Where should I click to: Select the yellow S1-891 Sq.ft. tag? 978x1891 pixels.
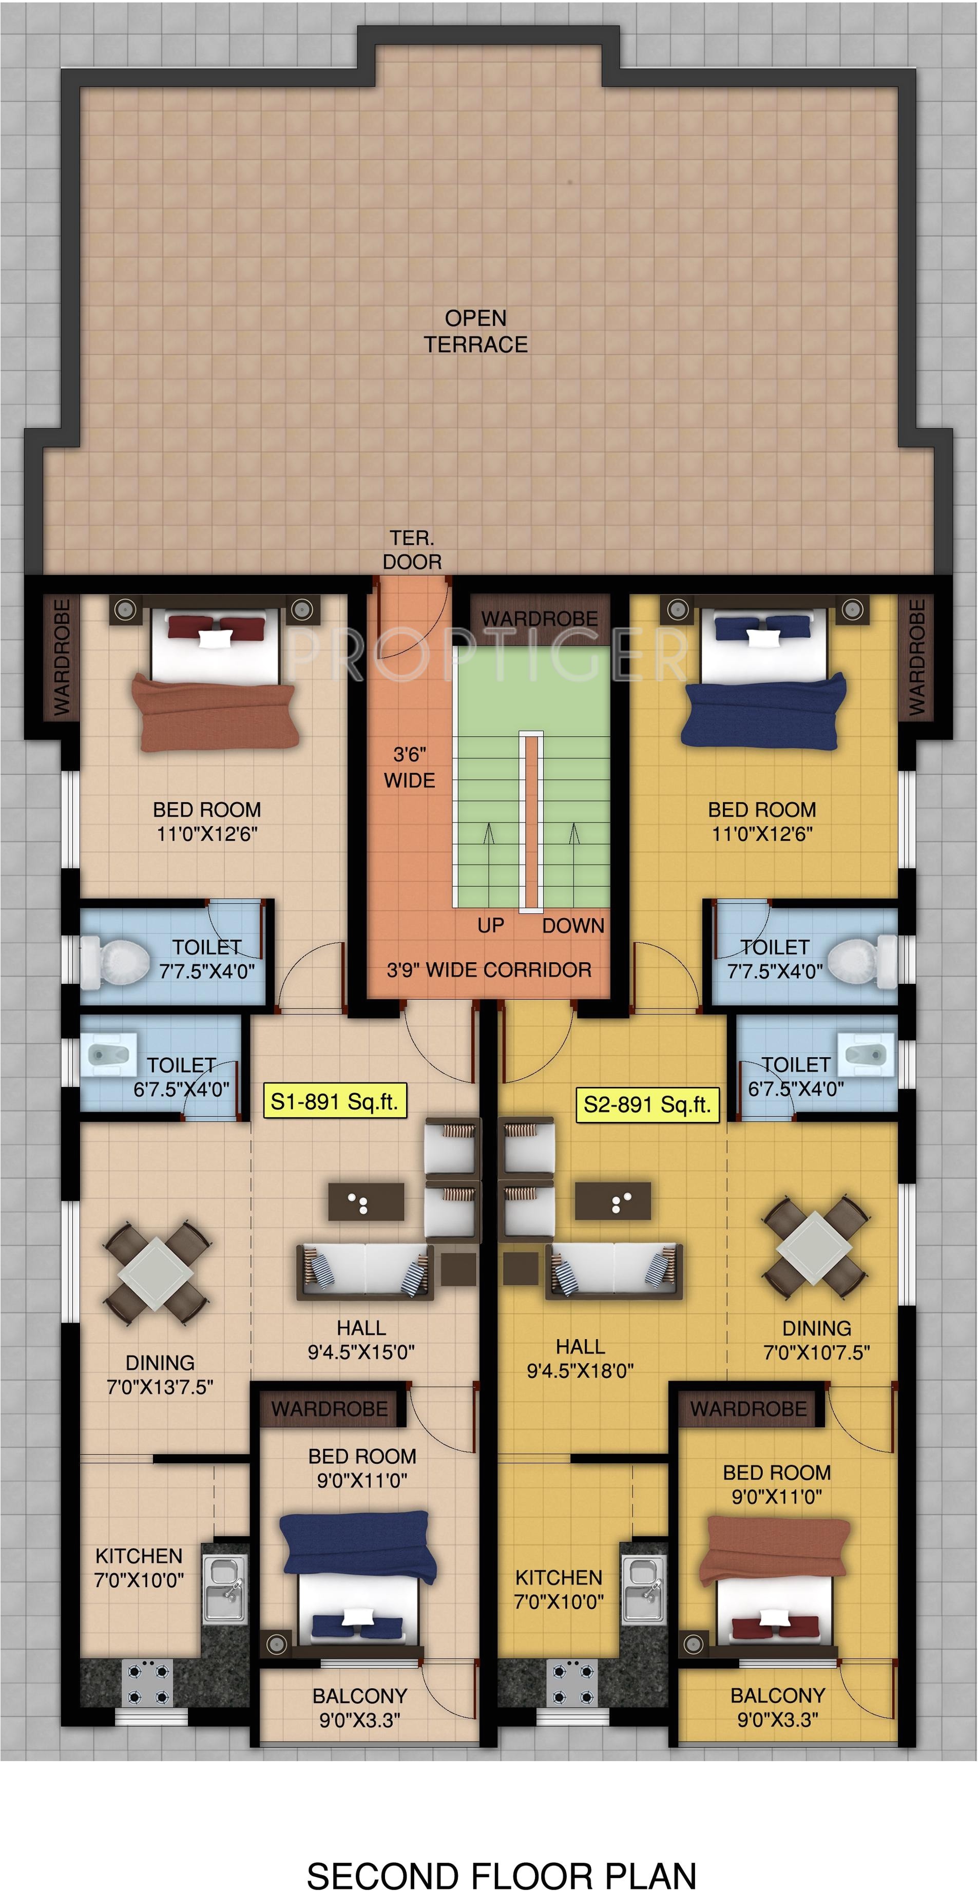point(334,1102)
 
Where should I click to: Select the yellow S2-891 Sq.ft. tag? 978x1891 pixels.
point(647,1105)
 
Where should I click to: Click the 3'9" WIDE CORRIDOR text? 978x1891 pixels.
point(489,970)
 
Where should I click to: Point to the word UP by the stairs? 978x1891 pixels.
point(490,926)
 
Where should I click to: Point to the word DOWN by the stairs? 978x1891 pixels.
point(573,926)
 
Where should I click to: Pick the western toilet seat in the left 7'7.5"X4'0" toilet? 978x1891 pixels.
point(118,962)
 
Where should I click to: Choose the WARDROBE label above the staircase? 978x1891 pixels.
point(540,619)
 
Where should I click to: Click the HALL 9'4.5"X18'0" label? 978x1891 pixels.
point(580,1359)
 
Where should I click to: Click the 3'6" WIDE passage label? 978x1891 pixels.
point(409,767)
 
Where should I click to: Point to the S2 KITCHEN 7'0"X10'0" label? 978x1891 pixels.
point(558,1589)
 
